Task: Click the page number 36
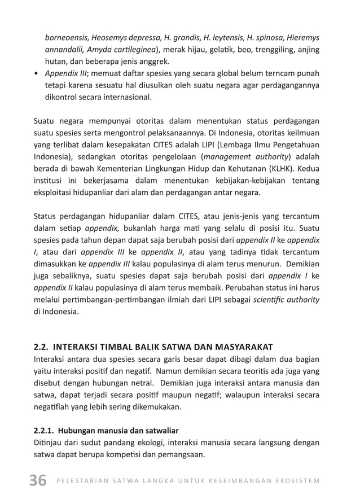(37, 480)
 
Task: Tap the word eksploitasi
(57, 192)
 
